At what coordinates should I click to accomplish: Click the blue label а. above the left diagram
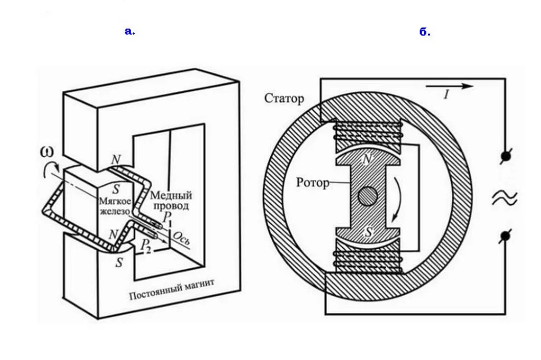[130, 31]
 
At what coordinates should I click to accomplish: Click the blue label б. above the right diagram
[425, 32]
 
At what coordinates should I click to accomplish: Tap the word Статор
[284, 98]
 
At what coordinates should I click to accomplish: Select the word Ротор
[313, 182]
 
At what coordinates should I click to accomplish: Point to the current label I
[446, 94]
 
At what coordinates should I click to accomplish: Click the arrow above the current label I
[449, 86]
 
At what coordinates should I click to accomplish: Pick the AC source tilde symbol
[505, 198]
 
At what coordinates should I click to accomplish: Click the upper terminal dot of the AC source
[506, 157]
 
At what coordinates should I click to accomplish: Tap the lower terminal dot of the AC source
[505, 236]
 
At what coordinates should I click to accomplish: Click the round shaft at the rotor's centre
[368, 196]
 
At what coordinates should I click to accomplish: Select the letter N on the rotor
[368, 159]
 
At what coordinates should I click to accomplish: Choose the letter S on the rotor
[368, 232]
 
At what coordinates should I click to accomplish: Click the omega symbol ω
[47, 151]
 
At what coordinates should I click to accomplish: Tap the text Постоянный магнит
[172, 290]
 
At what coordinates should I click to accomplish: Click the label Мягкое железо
[115, 206]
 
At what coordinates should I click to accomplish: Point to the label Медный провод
[171, 201]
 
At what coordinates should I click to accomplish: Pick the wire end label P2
[146, 245]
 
